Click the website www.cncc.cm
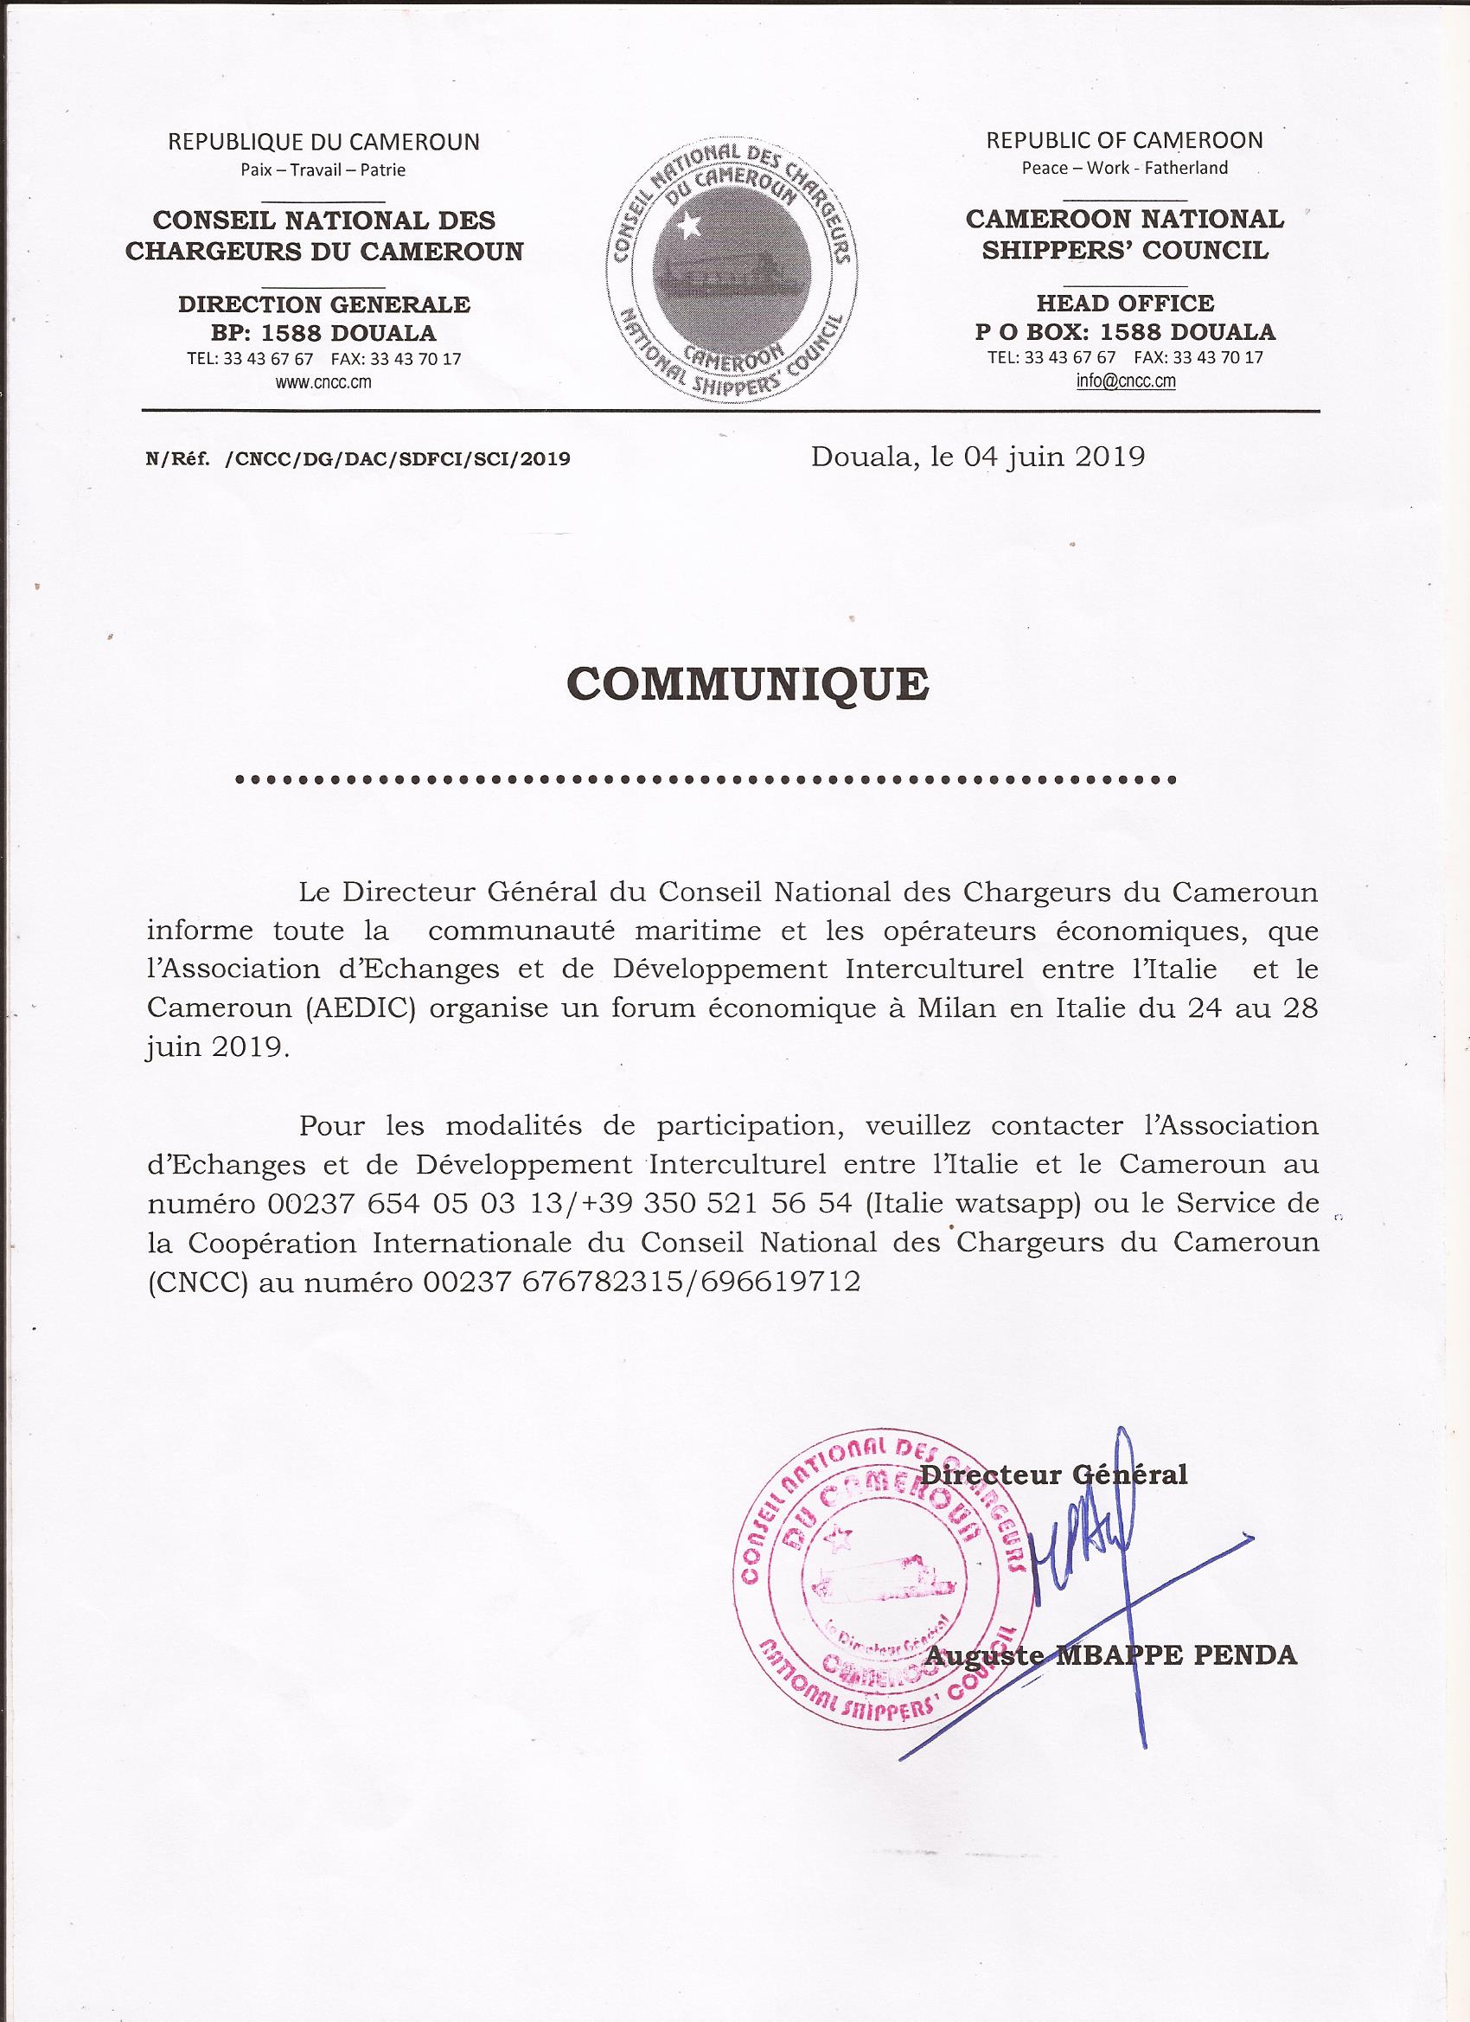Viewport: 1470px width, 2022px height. point(323,382)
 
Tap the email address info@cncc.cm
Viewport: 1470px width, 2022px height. point(1124,381)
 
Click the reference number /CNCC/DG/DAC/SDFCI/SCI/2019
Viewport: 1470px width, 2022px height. point(398,459)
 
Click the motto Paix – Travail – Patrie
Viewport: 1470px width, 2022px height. point(323,170)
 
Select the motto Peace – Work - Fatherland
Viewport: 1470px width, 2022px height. point(1124,168)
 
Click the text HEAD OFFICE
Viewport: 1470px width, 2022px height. point(1124,303)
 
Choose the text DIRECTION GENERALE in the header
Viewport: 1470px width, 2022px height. point(324,304)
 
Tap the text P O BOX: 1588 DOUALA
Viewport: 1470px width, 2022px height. point(1124,333)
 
